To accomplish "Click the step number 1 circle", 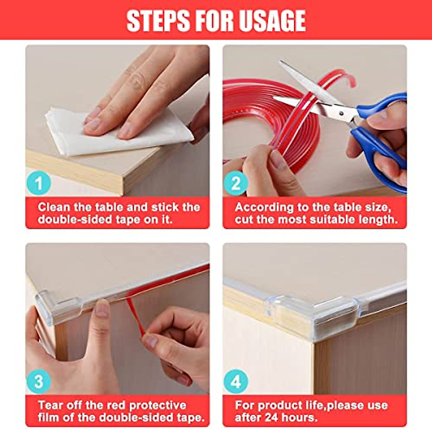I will pos(39,184).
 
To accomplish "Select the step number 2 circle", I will pos(236,184).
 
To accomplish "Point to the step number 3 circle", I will pos(39,382).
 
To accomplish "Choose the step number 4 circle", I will pos(236,382).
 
